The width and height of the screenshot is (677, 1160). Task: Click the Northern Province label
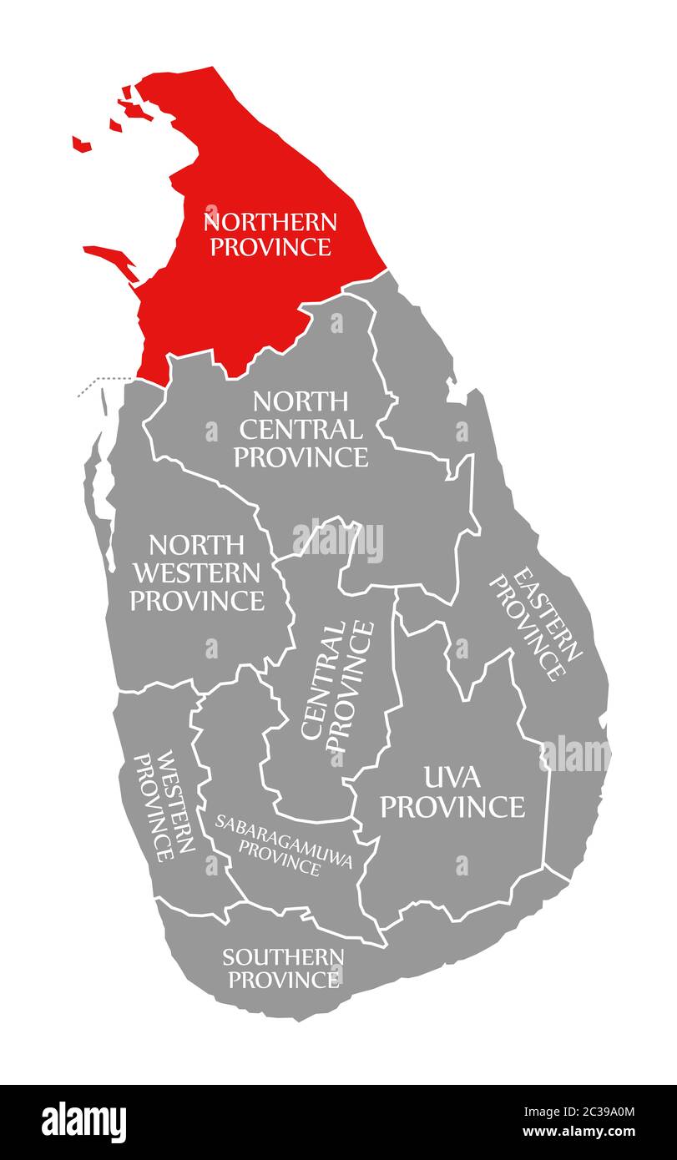[270, 234]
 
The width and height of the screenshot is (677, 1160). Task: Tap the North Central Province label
[301, 430]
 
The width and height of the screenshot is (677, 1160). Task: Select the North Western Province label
[197, 572]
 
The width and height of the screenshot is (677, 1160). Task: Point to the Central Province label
[337, 680]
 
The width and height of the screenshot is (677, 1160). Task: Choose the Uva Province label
[456, 793]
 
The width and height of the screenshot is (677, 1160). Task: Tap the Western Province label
[165, 805]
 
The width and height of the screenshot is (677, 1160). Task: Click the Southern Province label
[283, 967]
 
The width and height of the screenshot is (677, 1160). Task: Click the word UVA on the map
[452, 778]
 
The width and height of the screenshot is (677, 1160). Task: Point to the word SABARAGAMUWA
[283, 834]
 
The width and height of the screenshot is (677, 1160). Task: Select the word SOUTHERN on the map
[283, 956]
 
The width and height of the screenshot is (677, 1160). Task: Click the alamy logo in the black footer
[84, 1122]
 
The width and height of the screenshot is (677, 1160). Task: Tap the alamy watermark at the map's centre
[337, 541]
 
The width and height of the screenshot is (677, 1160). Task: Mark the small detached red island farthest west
[81, 144]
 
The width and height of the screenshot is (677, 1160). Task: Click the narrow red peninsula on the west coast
[112, 258]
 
